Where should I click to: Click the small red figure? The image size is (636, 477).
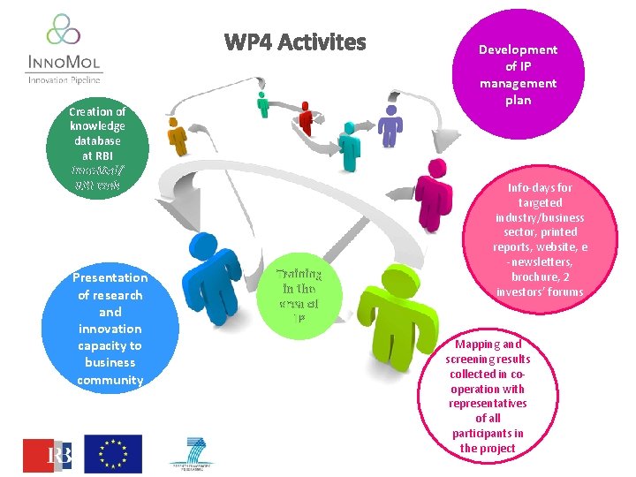tap(306, 118)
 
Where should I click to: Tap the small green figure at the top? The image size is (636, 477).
tap(262, 102)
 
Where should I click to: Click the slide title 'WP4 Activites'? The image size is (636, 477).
tap(295, 42)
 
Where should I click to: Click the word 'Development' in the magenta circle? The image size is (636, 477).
tap(518, 49)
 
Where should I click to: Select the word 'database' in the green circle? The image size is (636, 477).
tap(97, 140)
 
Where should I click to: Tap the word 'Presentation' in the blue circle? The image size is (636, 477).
tap(110, 277)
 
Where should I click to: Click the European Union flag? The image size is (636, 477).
tap(113, 453)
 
